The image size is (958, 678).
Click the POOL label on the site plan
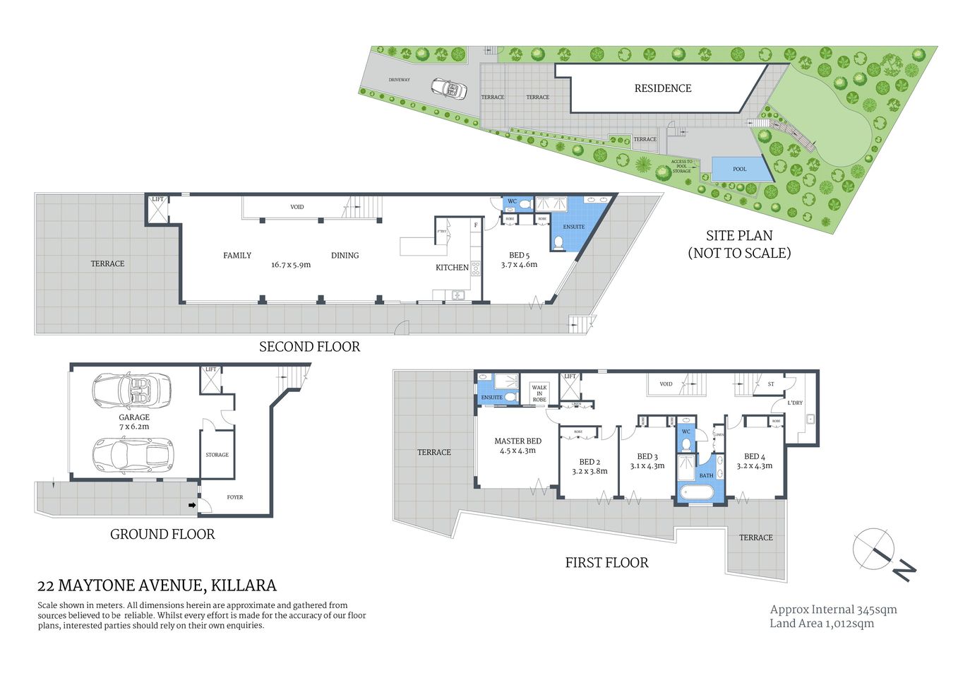coord(739,169)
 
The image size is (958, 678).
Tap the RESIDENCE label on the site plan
coord(662,88)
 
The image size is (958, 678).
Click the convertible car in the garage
coord(132,390)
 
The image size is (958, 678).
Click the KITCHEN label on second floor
coord(452,268)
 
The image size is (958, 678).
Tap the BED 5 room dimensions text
coord(519,265)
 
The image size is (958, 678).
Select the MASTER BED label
coord(517,441)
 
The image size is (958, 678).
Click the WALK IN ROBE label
coord(539,393)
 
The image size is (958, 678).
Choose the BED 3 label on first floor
coord(647,457)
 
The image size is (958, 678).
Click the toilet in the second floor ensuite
coord(558,242)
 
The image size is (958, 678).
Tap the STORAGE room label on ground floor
coord(217,455)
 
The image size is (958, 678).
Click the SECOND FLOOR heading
coord(309,347)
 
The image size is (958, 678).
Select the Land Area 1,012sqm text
coord(821,624)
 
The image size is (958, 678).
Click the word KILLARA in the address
coord(244,585)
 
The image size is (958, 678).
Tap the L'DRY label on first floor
coord(795,403)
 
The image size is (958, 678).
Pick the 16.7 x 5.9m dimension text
coord(290,266)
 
